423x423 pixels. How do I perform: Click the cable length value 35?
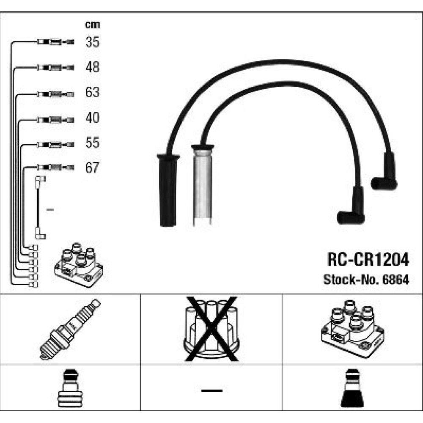pyautogui.click(x=92, y=42)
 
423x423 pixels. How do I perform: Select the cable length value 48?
pyautogui.click(x=92, y=67)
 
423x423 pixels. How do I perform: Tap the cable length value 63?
pyautogui.click(x=92, y=92)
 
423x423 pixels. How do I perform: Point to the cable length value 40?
pyautogui.click(x=92, y=118)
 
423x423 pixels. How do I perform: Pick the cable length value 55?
pyautogui.click(x=92, y=143)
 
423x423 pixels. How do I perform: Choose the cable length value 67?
pyautogui.click(x=92, y=168)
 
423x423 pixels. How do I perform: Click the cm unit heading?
pyautogui.click(x=92, y=25)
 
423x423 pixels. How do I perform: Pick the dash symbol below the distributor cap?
pyautogui.click(x=211, y=390)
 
